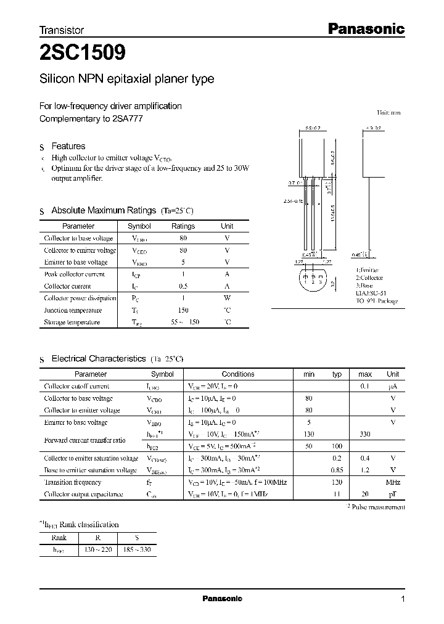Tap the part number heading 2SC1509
pyautogui.click(x=83, y=54)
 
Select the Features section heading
pyautogui.click(x=68, y=146)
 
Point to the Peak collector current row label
pyautogui.click(x=75, y=274)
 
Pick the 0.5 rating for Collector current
pyautogui.click(x=183, y=286)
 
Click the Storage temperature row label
pyautogui.click(x=72, y=322)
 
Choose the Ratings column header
pyautogui.click(x=183, y=226)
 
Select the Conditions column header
pyautogui.click(x=237, y=374)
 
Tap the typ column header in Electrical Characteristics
pyautogui.click(x=337, y=374)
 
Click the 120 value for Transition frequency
pyautogui.click(x=336, y=482)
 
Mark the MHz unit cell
pyautogui.click(x=393, y=482)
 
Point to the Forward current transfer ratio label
pyautogui.click(x=84, y=440)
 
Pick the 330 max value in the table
pyautogui.click(x=364, y=434)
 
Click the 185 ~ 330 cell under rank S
pyautogui.click(x=136, y=548)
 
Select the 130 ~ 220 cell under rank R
pyautogui.click(x=97, y=548)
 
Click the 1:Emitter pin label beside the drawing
pyautogui.click(x=368, y=270)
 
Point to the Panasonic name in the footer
pyautogui.click(x=223, y=599)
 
